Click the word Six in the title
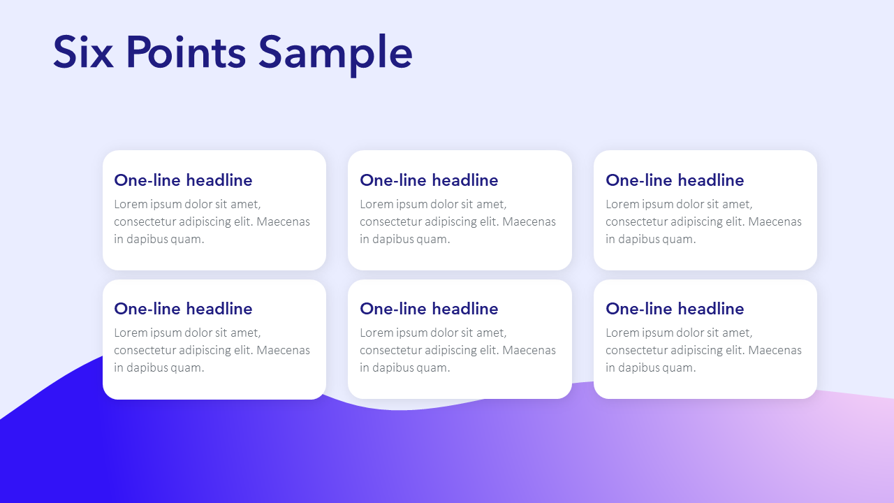click(x=83, y=52)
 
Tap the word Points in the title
click(x=186, y=52)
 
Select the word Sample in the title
click(x=335, y=54)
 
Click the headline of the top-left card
click(x=183, y=180)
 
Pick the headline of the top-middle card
click(x=429, y=180)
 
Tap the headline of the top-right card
click(x=675, y=180)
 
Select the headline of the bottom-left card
click(x=183, y=309)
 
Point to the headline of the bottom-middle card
click(x=429, y=309)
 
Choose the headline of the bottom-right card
click(x=675, y=309)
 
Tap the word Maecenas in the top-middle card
click(x=529, y=221)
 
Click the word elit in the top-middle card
click(x=490, y=221)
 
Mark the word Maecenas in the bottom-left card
click(x=283, y=350)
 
